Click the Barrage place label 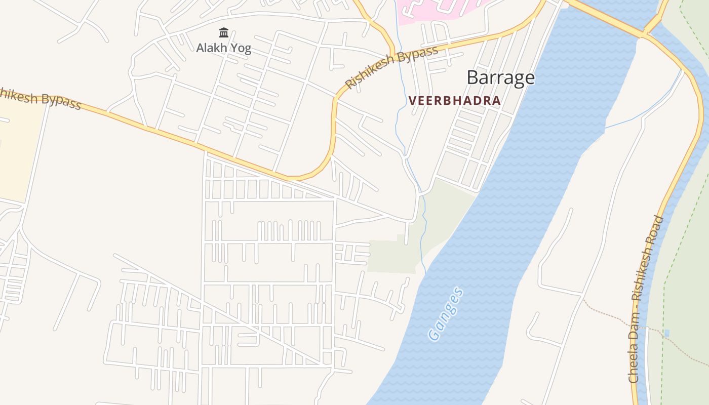click(x=500, y=77)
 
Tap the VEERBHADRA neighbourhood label click(x=454, y=100)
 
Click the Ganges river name click(x=445, y=314)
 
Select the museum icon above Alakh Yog click(x=224, y=33)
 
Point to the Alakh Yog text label click(x=224, y=49)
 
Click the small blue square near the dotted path click(x=667, y=333)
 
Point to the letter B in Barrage click(x=472, y=77)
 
